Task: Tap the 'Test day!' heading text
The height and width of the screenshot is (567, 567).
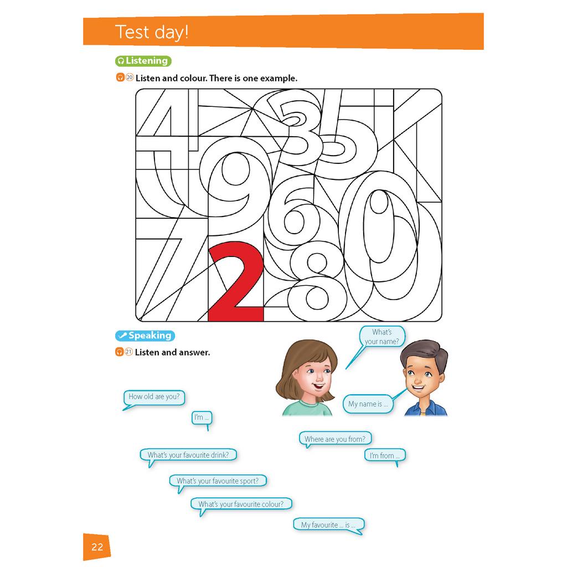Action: (x=152, y=32)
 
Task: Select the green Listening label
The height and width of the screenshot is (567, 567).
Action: (x=143, y=61)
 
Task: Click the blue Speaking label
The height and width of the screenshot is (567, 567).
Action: (x=145, y=336)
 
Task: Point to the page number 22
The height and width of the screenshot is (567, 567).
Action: (x=97, y=548)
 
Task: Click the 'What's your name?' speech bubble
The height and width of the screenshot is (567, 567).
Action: (x=382, y=337)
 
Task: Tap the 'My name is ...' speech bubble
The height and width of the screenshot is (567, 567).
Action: (x=368, y=404)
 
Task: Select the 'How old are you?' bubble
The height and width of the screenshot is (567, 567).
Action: (x=153, y=396)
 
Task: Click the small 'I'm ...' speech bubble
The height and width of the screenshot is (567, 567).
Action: (x=201, y=417)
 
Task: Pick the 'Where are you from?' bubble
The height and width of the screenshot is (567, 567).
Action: (x=335, y=439)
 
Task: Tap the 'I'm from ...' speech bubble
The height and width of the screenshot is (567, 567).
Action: (x=385, y=456)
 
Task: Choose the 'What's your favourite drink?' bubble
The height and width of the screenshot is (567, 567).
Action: (x=188, y=455)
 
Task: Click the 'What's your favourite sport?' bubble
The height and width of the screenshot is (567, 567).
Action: (x=218, y=481)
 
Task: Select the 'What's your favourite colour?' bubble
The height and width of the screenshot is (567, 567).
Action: (x=241, y=504)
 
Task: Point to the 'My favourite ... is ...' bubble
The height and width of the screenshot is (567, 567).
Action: (x=328, y=525)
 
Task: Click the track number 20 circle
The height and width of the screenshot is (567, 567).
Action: (x=130, y=78)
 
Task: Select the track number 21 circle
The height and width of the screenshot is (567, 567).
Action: (x=129, y=352)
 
